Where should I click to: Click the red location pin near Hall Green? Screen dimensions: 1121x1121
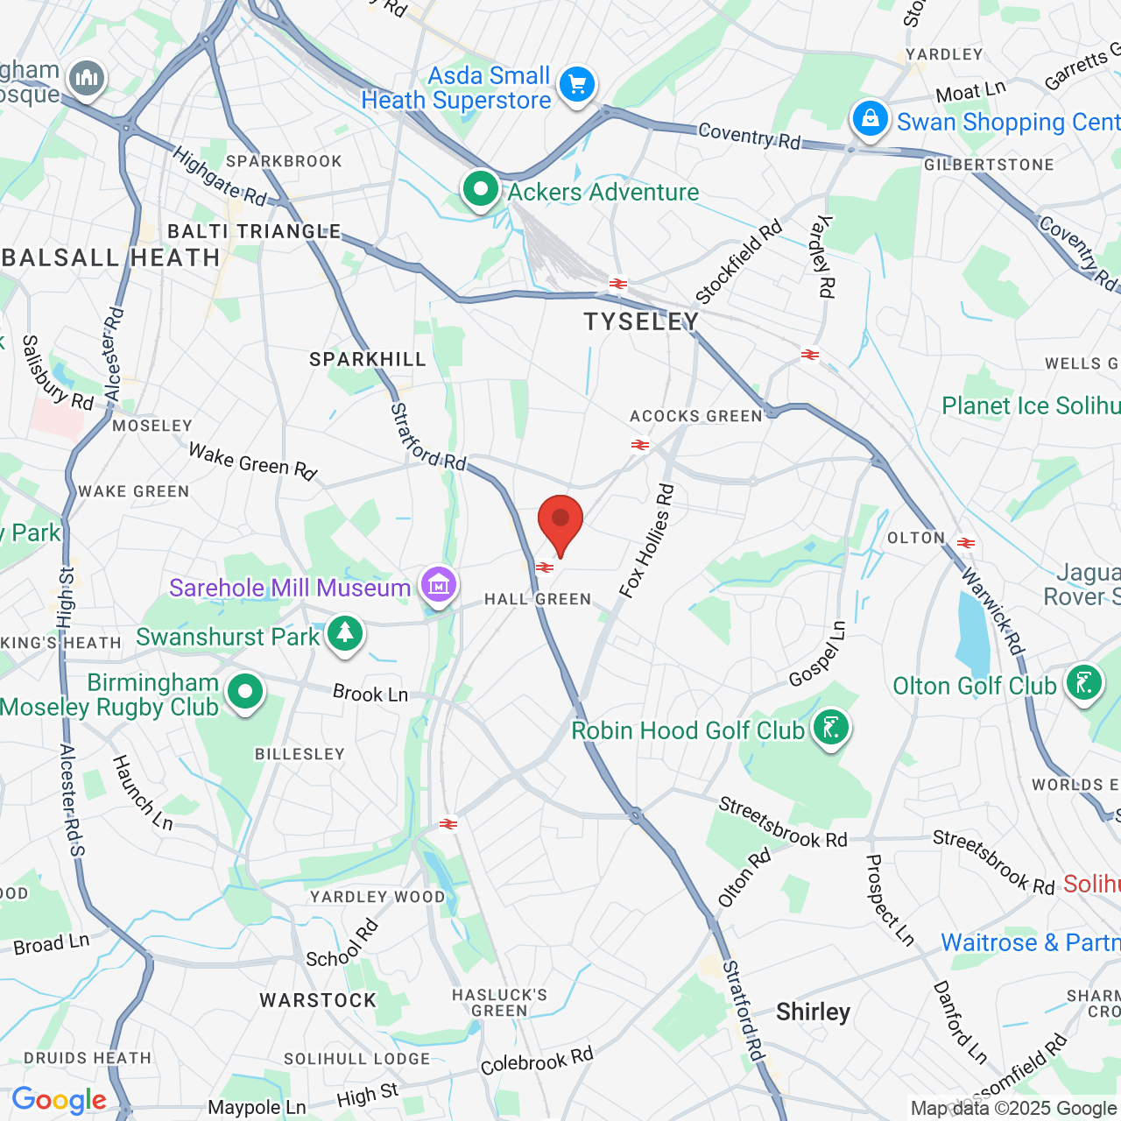click(x=560, y=522)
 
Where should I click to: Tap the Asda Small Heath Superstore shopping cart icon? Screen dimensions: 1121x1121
click(x=577, y=85)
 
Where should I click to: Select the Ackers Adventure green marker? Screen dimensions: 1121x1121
click(x=480, y=188)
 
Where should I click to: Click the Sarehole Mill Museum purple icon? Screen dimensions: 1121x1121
click(x=439, y=583)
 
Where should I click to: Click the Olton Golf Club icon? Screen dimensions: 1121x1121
click(x=1083, y=681)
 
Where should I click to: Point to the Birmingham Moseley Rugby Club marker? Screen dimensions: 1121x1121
click(x=245, y=693)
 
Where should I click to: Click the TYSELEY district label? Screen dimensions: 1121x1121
click(x=641, y=322)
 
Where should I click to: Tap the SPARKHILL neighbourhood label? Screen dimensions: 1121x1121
click(x=368, y=359)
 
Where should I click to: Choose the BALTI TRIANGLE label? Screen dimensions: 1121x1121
click(x=254, y=231)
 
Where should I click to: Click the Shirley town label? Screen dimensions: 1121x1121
click(x=813, y=1012)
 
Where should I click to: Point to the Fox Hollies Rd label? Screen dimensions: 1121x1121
click(x=647, y=541)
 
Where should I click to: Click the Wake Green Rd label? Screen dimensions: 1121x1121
click(x=252, y=462)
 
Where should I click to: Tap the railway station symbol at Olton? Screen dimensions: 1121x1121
click(x=966, y=543)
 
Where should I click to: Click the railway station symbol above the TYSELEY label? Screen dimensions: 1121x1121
click(x=618, y=284)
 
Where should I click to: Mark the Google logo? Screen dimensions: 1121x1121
click(x=59, y=1100)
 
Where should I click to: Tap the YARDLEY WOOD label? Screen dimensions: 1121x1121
click(x=377, y=897)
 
